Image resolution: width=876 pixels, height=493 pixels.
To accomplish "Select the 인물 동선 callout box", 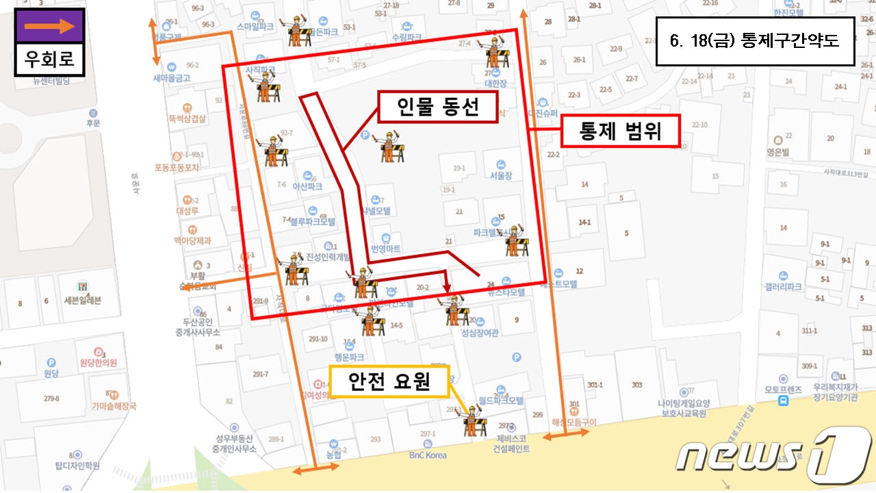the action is coord(437,107).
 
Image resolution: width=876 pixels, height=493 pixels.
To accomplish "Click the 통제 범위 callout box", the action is coord(620,131).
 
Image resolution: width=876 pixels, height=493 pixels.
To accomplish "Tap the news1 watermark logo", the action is coord(773,455).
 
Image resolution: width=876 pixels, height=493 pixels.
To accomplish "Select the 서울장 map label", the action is coord(501,175).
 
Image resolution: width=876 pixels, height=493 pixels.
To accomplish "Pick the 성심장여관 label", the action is coord(480,333).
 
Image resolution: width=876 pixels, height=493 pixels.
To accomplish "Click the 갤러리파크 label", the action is coord(784,287).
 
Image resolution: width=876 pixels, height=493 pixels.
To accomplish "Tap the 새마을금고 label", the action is coord(171,78).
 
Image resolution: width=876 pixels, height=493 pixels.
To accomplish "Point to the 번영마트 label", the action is coord(385,249).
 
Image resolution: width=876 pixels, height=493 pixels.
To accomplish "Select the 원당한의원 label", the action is coord(99,362).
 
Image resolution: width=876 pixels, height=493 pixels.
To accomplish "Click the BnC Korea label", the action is coord(428,455).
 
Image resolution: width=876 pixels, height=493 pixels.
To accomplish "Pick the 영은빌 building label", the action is coord(779,153).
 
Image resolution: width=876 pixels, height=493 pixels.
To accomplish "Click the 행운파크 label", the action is coord(349,357).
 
